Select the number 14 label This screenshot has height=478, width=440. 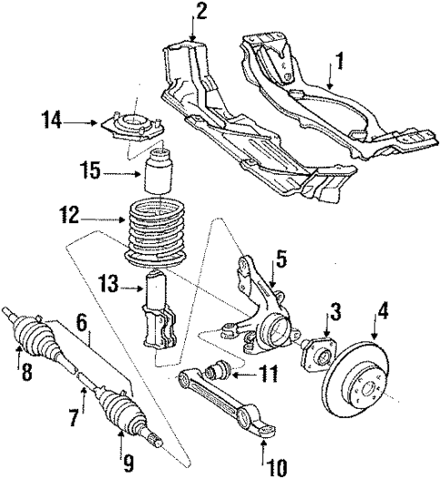click(53, 117)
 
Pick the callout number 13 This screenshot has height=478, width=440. click(109, 285)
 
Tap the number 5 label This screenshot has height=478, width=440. click(281, 258)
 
